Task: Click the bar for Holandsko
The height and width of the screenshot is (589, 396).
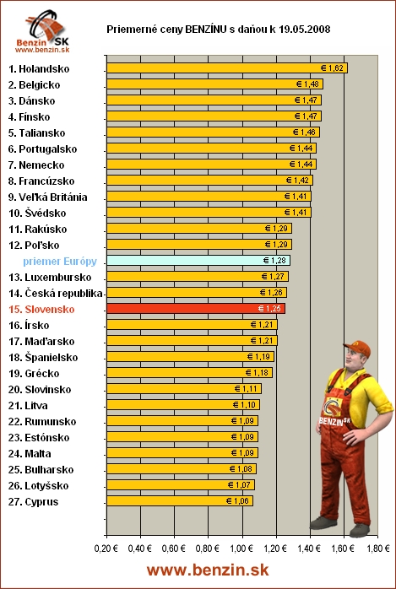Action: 226,68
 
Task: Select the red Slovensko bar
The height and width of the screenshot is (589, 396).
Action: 195,309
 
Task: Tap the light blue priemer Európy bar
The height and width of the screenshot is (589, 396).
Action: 198,261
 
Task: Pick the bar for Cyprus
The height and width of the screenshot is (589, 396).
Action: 179,500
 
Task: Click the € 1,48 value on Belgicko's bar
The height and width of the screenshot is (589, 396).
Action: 308,84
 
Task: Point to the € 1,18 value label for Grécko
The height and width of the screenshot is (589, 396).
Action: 258,373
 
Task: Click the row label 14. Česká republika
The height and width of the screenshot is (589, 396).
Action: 55,293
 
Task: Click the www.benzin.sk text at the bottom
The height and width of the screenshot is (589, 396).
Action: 208,570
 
